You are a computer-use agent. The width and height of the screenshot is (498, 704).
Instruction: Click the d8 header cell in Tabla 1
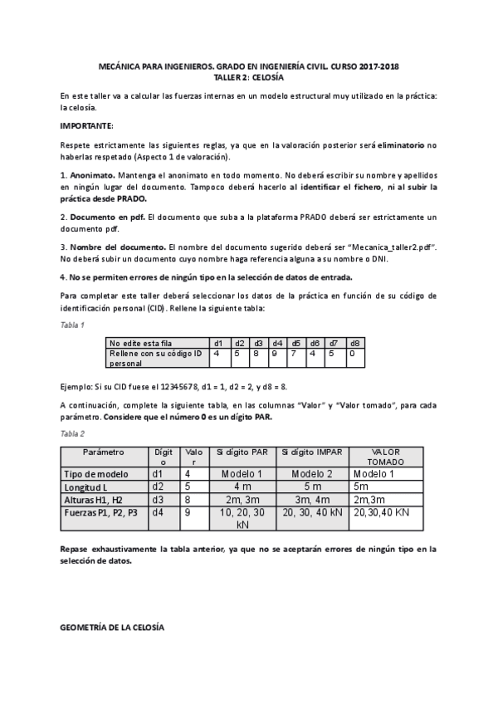click(354, 342)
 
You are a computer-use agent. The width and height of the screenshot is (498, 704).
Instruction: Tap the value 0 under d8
click(352, 353)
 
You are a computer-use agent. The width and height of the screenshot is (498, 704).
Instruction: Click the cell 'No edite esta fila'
click(141, 342)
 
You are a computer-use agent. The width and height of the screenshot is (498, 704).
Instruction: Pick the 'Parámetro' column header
click(104, 452)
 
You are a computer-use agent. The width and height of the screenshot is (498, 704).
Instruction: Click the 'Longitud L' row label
click(88, 486)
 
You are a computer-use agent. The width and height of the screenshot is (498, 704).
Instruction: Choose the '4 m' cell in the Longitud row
click(242, 486)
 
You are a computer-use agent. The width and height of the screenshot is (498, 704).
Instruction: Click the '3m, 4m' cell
click(312, 500)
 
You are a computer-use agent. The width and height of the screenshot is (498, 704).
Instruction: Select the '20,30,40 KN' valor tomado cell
click(382, 513)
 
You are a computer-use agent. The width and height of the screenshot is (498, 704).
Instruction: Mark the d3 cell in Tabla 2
click(159, 500)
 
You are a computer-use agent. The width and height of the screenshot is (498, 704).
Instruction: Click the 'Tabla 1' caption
click(73, 324)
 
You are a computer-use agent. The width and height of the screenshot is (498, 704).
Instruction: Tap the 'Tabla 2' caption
click(73, 433)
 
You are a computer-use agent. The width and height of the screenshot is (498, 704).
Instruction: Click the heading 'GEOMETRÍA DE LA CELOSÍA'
click(113, 626)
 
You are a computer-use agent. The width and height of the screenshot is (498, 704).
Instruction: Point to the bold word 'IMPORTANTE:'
click(87, 125)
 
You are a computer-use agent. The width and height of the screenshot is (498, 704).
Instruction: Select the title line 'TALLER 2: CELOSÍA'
click(249, 76)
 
